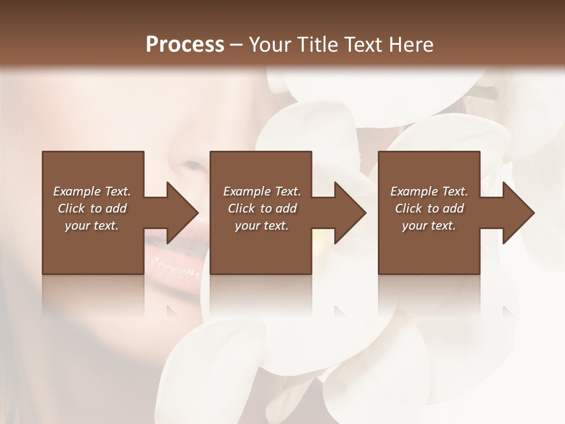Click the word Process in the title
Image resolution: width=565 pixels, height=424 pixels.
point(185,45)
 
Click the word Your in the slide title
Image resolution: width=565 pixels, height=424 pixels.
point(271,45)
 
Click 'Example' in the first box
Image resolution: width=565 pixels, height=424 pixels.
point(77,191)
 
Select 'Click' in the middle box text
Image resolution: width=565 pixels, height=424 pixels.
point(241,208)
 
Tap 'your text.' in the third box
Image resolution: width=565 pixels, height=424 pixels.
point(429,226)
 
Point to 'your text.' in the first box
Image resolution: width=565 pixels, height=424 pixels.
point(92,226)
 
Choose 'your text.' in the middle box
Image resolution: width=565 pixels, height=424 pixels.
point(262,226)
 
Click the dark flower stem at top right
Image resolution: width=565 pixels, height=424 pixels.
point(486,92)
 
